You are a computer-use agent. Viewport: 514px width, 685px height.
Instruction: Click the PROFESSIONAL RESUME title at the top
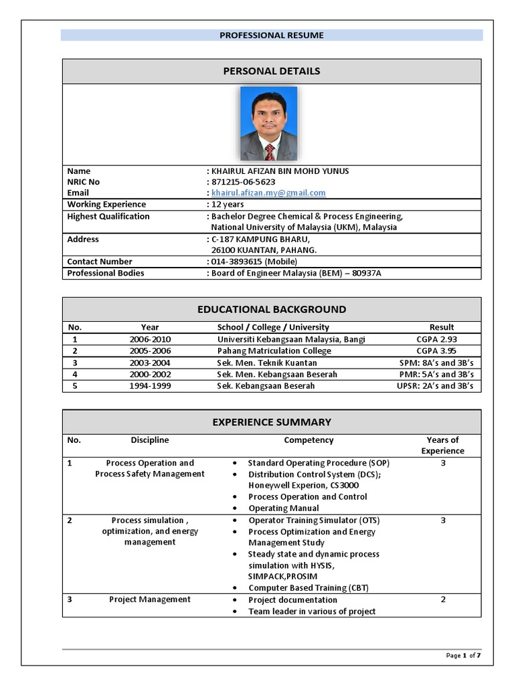(x=272, y=35)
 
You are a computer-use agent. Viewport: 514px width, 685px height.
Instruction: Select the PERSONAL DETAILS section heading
(x=272, y=71)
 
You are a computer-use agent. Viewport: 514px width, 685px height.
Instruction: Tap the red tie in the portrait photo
(x=269, y=151)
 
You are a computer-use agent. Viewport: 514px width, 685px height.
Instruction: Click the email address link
(x=268, y=193)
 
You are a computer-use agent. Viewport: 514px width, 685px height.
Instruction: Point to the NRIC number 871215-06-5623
(x=243, y=182)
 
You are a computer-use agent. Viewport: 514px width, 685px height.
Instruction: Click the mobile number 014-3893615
(x=254, y=262)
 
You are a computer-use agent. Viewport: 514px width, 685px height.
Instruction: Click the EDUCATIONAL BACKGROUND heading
(x=272, y=309)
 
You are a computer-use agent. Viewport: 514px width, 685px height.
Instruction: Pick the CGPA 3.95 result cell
(x=436, y=351)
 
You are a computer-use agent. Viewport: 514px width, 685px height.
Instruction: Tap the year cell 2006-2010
(x=150, y=339)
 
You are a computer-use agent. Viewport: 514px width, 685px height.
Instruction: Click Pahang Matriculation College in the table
(x=274, y=351)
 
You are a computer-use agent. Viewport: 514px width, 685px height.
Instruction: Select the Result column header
(x=442, y=327)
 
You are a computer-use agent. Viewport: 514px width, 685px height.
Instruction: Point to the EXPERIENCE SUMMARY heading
(x=272, y=422)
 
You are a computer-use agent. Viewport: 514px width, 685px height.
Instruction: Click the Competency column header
(x=309, y=440)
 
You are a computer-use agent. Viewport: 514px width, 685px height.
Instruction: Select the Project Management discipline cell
(x=150, y=599)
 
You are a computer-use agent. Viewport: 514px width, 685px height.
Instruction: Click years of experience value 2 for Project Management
(x=442, y=599)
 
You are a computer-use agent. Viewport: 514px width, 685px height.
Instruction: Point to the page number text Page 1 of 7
(x=463, y=656)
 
